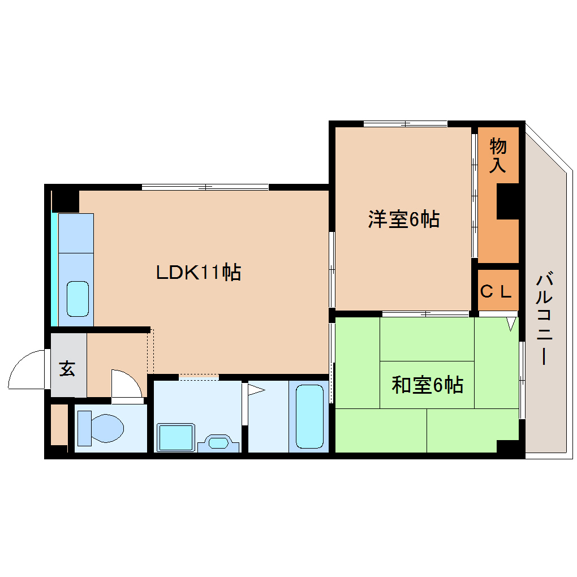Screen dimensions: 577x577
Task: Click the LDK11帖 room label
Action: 199,273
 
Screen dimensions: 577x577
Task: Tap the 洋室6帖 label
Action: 403,219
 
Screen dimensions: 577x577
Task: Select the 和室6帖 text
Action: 428,385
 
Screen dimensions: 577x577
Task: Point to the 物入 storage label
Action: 498,156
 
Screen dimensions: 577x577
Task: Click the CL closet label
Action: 497,292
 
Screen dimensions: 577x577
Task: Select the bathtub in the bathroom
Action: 309,416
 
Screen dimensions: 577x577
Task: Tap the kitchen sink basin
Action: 78,299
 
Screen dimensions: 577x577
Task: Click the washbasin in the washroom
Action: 218,442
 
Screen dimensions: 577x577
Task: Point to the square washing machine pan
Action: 176,437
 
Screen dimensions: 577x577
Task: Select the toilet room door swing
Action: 126,385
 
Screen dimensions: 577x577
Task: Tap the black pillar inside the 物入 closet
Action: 507,202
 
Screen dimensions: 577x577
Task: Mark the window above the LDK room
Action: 205,187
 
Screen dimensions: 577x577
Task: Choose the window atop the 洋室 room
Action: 405,123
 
